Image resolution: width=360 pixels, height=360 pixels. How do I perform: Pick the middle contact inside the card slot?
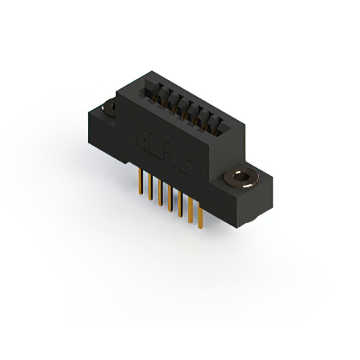click(183, 107)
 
